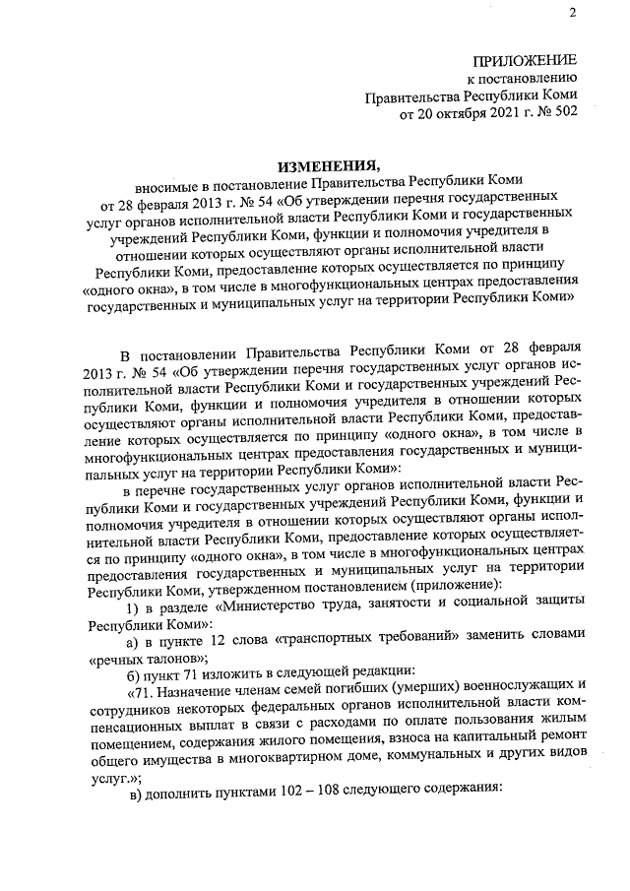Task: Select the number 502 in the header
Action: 562,114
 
